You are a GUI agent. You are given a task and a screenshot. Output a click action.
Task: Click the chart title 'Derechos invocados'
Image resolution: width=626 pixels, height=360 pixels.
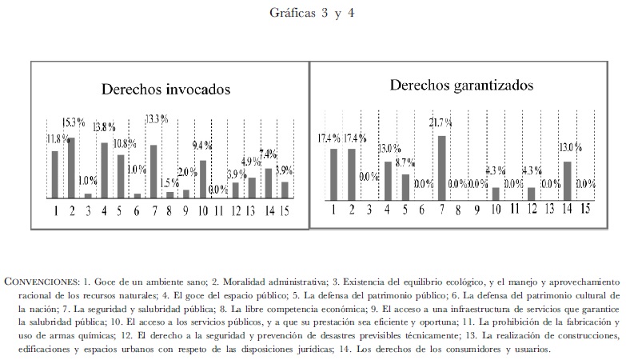tap(165, 90)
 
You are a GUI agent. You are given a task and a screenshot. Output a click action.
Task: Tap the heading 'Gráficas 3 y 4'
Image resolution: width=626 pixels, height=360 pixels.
tap(312, 14)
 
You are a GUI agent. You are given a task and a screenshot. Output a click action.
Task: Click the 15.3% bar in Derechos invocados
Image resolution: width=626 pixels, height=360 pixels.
tap(70, 167)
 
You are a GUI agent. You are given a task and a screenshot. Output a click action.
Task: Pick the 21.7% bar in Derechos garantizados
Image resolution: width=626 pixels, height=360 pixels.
tap(441, 166)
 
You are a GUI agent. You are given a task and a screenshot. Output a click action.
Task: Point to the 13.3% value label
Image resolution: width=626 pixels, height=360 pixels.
tap(157, 119)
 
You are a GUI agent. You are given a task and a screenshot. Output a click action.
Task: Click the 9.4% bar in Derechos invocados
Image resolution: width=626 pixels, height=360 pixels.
tap(203, 178)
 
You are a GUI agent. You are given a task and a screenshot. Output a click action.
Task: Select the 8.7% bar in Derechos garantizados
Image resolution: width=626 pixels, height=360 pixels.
tap(405, 186)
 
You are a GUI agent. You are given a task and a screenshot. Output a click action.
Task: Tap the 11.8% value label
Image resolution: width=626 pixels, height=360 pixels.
tap(57, 138)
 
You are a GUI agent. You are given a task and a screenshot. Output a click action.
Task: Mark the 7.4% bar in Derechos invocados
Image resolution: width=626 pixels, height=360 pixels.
tap(269, 182)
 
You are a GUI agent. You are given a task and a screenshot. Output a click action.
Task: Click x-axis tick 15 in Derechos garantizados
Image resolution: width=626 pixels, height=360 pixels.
tap(586, 209)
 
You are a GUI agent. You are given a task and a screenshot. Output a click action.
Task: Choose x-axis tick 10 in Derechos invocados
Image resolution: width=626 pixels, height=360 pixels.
tap(203, 210)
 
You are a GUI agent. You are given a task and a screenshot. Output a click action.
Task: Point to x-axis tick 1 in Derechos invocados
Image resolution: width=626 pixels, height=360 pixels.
tap(56, 210)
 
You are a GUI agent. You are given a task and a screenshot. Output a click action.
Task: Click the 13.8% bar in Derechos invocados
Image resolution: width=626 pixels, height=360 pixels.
tap(104, 170)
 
